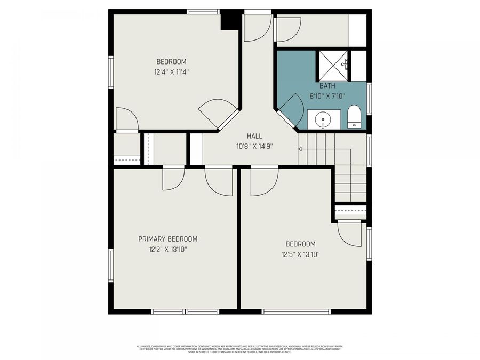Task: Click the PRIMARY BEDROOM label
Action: [x=167, y=239]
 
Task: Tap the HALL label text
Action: [x=254, y=136]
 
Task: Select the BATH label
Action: [x=326, y=86]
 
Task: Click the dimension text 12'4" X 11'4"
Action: [x=171, y=71]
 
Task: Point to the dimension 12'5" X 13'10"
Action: [x=300, y=254]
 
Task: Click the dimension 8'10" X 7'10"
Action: [x=326, y=97]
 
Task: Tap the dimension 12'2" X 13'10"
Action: [x=167, y=249]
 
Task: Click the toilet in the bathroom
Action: [x=354, y=117]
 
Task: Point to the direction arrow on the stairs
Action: [x=301, y=149]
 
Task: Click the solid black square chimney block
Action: [x=230, y=20]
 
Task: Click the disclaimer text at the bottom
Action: [x=239, y=349]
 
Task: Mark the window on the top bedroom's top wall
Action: [x=203, y=11]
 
